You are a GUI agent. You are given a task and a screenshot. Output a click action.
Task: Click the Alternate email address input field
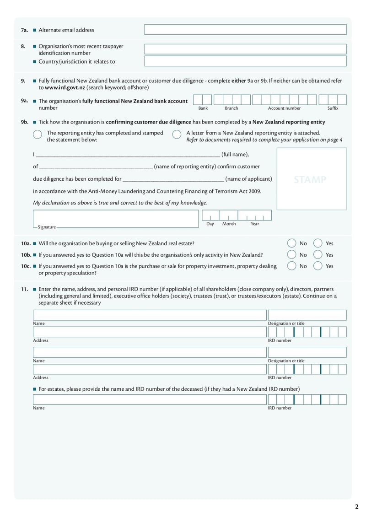tap(245, 30)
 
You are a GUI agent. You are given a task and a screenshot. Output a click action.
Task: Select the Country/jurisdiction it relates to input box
tap(245, 61)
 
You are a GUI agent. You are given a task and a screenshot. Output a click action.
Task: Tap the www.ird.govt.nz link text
tap(65, 87)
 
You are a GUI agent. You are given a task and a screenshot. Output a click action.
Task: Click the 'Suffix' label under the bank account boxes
tap(333, 108)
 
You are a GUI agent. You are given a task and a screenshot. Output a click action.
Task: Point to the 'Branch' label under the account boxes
tap(231, 108)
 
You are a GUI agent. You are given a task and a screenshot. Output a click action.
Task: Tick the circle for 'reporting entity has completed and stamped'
tap(38, 135)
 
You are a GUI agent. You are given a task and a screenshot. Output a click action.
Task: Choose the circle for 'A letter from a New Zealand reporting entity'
tap(177, 135)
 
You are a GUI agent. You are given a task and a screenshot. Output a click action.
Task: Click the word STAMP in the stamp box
tap(310, 180)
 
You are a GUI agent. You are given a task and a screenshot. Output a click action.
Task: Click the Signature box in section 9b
tap(116, 218)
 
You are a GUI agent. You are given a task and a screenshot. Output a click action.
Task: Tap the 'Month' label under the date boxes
tap(229, 224)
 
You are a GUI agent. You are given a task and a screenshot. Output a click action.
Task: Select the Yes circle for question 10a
tap(318, 243)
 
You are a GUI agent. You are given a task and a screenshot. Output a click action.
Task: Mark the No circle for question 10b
tap(291, 255)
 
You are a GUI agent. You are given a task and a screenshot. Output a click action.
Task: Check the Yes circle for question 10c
tap(318, 266)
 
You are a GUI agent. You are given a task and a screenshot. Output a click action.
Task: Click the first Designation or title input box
tap(307, 315)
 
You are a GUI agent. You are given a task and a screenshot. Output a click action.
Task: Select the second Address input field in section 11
tap(149, 369)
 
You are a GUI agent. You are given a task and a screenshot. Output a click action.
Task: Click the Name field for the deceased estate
tap(149, 399)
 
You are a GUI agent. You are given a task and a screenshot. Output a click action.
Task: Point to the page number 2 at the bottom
tap(356, 506)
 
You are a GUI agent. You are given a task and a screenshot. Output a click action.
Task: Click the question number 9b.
tap(25, 122)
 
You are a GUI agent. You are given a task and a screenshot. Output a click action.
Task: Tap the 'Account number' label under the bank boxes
tap(284, 108)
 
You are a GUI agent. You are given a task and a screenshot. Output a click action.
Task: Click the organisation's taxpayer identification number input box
tap(245, 49)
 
